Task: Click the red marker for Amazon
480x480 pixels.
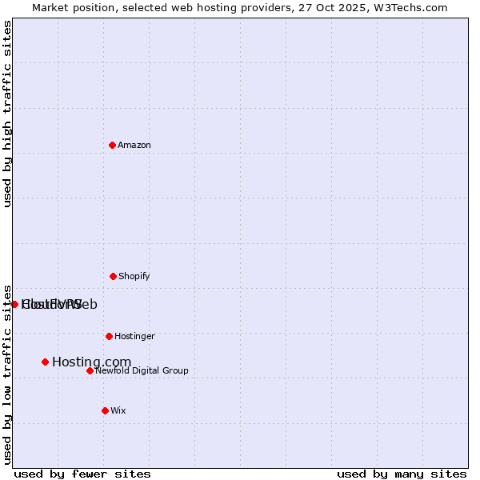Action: tap(112, 145)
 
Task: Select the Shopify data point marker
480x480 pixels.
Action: tap(113, 276)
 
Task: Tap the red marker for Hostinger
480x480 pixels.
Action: tap(109, 336)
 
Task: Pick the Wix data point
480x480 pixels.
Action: tap(105, 410)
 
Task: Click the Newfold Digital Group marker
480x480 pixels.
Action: tap(90, 370)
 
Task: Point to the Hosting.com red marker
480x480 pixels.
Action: tap(45, 362)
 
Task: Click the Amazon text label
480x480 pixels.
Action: tap(134, 145)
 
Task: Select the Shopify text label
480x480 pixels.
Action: tap(134, 276)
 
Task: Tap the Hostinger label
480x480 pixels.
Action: tap(134, 336)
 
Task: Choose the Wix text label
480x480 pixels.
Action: tap(118, 410)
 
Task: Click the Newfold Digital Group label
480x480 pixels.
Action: tap(142, 370)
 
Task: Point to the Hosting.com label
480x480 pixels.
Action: tap(91, 362)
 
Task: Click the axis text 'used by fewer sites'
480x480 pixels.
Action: tap(82, 474)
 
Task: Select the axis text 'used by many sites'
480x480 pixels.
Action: tap(402, 474)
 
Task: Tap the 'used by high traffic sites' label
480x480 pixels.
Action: tap(8, 114)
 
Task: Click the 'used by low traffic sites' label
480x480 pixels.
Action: tap(8, 374)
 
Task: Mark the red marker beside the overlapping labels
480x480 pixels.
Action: tap(14, 304)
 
